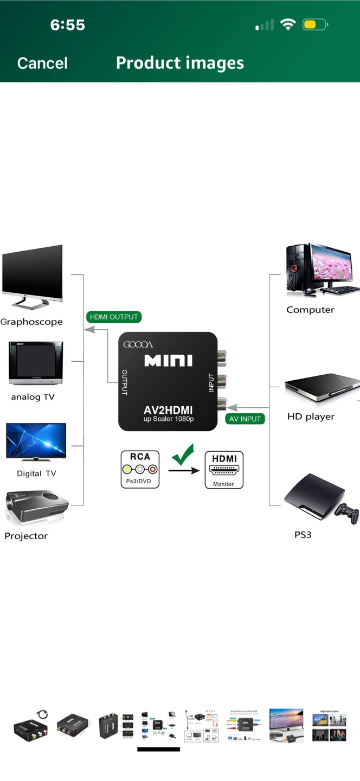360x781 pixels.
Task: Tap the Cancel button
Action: click(x=42, y=63)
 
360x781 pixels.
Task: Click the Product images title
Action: click(x=179, y=63)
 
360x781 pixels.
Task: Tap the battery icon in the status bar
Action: click(x=315, y=24)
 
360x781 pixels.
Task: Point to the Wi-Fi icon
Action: click(x=288, y=24)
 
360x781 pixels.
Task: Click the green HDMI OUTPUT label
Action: click(x=114, y=317)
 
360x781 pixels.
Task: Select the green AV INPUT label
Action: click(x=245, y=419)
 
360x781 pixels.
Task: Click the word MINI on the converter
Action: click(x=168, y=360)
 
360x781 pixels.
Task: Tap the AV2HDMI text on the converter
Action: click(x=168, y=410)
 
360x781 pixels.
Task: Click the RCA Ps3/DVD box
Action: click(x=140, y=469)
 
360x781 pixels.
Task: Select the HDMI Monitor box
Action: click(x=224, y=470)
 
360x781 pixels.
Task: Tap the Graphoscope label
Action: click(x=31, y=322)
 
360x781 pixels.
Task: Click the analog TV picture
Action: click(x=36, y=363)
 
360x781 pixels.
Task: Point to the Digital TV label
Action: click(x=36, y=473)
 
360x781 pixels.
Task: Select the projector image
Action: click(x=36, y=508)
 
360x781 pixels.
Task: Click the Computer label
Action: click(x=310, y=310)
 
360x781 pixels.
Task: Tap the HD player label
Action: click(x=311, y=417)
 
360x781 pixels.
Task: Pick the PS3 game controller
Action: click(x=346, y=513)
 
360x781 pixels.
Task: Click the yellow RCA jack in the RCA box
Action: click(x=128, y=469)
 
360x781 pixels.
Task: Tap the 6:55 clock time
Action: click(x=67, y=24)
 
